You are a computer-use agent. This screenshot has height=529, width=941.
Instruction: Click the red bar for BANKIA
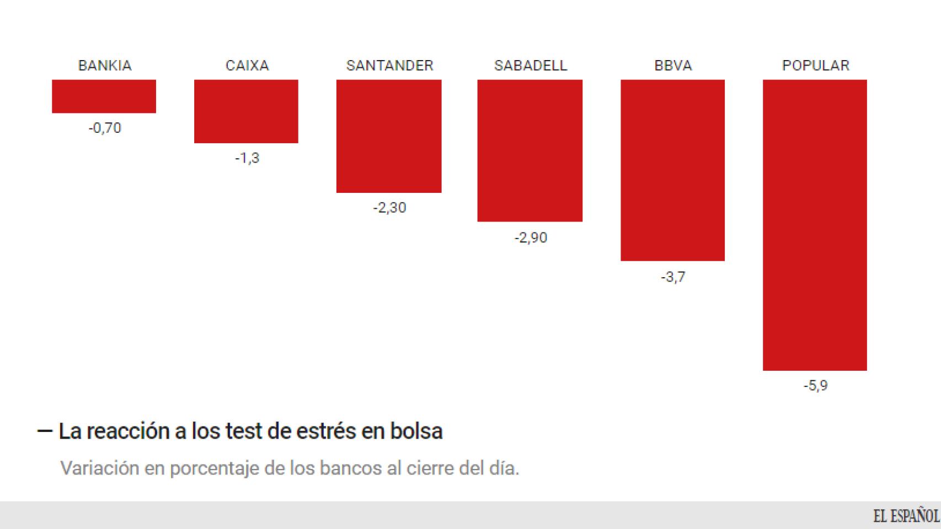pyautogui.click(x=104, y=96)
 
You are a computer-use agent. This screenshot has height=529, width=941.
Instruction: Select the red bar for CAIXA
pyautogui.click(x=246, y=111)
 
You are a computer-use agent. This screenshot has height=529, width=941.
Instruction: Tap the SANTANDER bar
pyautogui.click(x=389, y=136)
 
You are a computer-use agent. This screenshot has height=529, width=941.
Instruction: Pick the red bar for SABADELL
pyautogui.click(x=530, y=150)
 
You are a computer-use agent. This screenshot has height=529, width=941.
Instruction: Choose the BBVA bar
pyautogui.click(x=672, y=170)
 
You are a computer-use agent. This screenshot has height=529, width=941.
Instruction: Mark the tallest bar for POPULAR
pyautogui.click(x=815, y=225)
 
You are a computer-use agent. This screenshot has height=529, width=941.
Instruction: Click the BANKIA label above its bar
pyautogui.click(x=105, y=66)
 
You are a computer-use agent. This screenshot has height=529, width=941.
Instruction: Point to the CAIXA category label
pyautogui.click(x=247, y=66)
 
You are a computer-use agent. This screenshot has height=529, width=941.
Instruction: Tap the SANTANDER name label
pyautogui.click(x=389, y=66)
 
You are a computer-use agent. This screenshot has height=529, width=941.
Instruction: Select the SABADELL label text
pyautogui.click(x=531, y=66)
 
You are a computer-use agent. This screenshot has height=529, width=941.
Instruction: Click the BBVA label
pyautogui.click(x=673, y=66)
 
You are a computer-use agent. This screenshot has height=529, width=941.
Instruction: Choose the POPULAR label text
pyautogui.click(x=815, y=66)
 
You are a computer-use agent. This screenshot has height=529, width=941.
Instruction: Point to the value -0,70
pyautogui.click(x=105, y=128)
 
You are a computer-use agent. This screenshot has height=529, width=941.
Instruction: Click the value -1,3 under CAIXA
pyautogui.click(x=247, y=159)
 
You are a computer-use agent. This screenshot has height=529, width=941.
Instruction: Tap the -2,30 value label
pyautogui.click(x=389, y=208)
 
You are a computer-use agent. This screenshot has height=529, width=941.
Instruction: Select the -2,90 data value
pyautogui.click(x=531, y=238)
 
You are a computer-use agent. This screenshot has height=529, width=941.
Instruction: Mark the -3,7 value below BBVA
pyautogui.click(x=673, y=277)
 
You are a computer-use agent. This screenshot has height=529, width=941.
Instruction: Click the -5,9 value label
pyautogui.click(x=815, y=386)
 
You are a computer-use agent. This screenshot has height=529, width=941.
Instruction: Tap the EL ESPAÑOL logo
pyautogui.click(x=906, y=516)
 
